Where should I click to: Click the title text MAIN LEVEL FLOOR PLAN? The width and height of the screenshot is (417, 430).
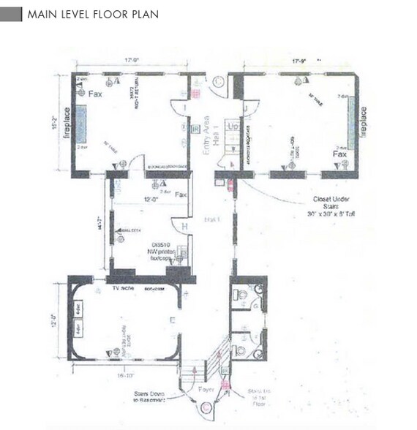click(x=92, y=15)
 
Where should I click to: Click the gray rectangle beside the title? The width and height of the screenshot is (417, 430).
click(x=11, y=15)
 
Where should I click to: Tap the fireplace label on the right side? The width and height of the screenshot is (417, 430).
click(x=364, y=125)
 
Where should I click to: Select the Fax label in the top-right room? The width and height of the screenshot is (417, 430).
click(x=339, y=155)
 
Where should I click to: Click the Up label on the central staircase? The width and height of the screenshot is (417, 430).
click(x=233, y=126)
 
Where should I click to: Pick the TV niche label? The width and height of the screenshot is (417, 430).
click(x=119, y=290)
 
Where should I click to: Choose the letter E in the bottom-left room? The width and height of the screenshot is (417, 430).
click(x=173, y=320)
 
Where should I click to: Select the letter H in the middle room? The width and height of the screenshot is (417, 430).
click(x=184, y=227)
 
